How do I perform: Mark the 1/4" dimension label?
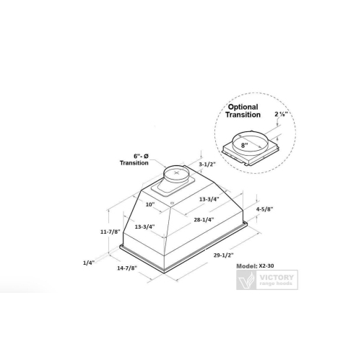tap(88, 263)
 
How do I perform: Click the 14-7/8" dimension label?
tap(126, 268)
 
